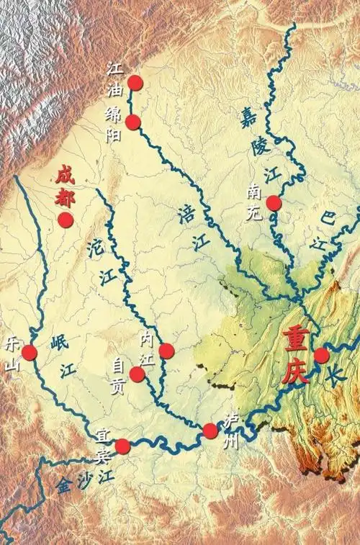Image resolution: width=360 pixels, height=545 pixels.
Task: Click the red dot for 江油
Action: [x=135, y=83]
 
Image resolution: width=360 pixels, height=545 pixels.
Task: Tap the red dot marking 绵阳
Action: [x=133, y=122]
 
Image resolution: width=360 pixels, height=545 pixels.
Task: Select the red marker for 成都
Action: [x=66, y=220]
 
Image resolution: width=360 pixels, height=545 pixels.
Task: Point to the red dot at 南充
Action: [x=274, y=203]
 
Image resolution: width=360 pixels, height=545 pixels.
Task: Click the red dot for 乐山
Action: [x=30, y=353]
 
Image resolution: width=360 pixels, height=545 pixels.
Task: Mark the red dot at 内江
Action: [x=166, y=351]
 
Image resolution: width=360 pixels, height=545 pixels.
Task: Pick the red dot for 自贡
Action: [x=138, y=374]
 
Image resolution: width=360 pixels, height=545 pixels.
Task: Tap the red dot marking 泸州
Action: [x=210, y=431]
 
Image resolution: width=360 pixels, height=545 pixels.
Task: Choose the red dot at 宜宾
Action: [x=122, y=446]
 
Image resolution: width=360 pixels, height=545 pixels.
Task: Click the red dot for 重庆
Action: [x=322, y=355]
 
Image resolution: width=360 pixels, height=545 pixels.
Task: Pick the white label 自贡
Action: [x=119, y=376]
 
